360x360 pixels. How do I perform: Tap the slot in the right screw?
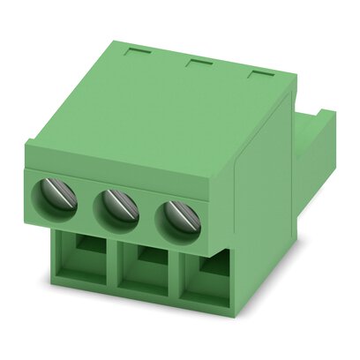tap(176, 216)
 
